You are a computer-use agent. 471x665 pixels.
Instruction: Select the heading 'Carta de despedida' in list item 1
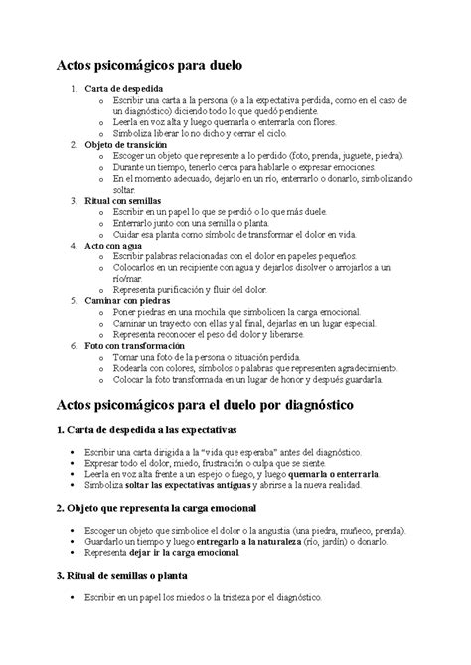tap(126, 89)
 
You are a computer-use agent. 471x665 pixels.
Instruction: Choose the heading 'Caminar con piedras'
tap(128, 299)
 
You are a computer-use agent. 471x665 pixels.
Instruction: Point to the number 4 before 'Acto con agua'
tap(74, 244)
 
